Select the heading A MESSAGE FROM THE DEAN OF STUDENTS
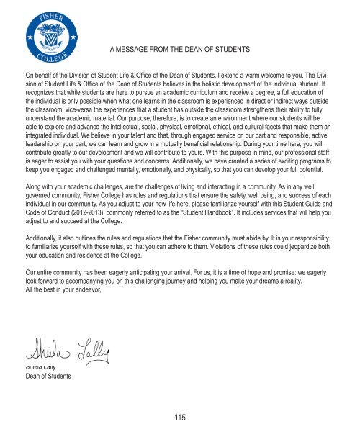pos(179,49)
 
